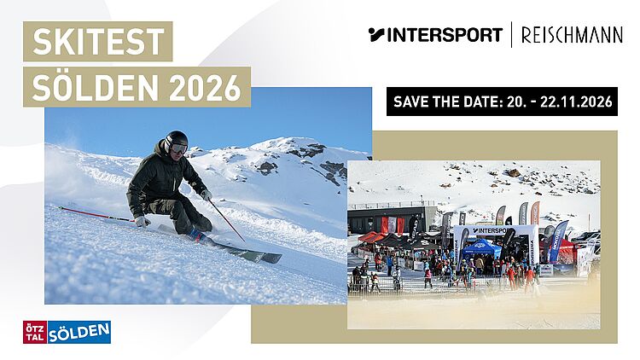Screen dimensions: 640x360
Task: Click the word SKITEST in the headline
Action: (x=98, y=41)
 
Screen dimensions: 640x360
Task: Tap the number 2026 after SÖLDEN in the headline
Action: (x=205, y=87)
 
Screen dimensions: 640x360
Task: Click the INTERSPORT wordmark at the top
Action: (x=445, y=35)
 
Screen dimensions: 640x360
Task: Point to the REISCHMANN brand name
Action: (x=572, y=35)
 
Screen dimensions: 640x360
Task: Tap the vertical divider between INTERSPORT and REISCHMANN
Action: (x=511, y=35)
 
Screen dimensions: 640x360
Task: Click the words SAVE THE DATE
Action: (x=447, y=102)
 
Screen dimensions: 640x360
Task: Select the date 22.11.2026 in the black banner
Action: (x=576, y=102)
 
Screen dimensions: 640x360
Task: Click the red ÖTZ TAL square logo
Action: (x=35, y=332)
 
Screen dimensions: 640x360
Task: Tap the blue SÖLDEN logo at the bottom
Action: (x=79, y=332)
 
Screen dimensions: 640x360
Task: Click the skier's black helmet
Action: (x=177, y=140)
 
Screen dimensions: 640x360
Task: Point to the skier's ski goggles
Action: (x=179, y=148)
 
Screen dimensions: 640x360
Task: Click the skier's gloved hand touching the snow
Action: (x=142, y=222)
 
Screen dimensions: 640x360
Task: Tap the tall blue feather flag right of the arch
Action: (x=557, y=241)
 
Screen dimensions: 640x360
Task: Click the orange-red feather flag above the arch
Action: (x=535, y=212)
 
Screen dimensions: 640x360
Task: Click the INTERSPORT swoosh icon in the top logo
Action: (x=376, y=34)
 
